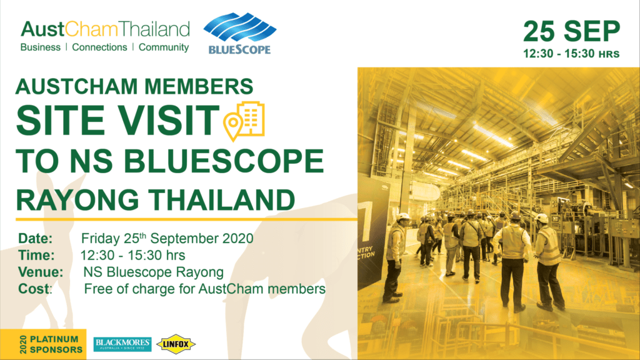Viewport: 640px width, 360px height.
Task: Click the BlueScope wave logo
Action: [240, 27]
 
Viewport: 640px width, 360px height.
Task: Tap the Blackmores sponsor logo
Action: [122, 344]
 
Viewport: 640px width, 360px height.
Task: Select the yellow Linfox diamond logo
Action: [176, 344]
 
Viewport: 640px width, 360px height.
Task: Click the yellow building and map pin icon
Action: [244, 121]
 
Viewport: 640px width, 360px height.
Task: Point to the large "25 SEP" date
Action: [571, 31]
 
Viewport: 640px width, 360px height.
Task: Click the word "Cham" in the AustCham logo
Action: [91, 29]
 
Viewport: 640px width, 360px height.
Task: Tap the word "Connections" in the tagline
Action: [99, 47]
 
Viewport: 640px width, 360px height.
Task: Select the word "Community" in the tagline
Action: [164, 47]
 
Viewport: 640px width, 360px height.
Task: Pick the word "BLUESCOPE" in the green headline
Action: [224, 161]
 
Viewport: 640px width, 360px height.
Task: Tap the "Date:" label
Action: [36, 238]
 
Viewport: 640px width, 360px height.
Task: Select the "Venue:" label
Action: [41, 272]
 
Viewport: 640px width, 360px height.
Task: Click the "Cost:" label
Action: [36, 289]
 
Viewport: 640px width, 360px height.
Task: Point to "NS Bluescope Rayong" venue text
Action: [154, 272]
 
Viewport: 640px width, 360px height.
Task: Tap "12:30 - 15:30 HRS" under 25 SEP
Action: [571, 54]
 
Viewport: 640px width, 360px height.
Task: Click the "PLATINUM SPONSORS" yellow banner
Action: [43, 344]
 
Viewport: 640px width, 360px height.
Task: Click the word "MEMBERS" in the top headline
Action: [199, 86]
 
